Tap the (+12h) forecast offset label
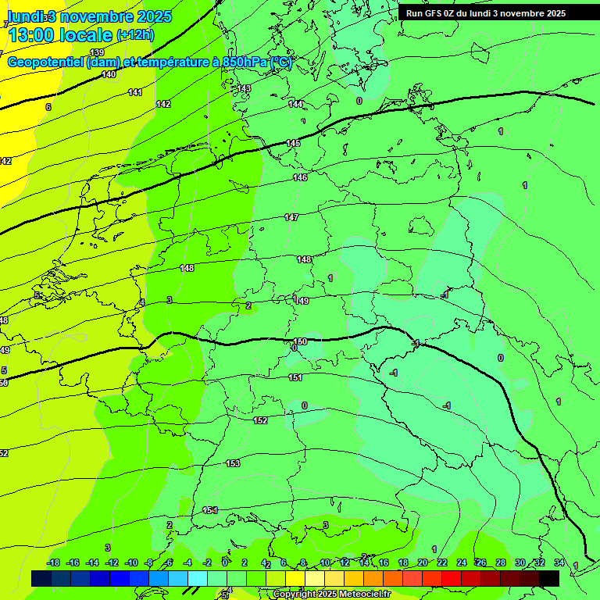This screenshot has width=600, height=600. click(x=135, y=34)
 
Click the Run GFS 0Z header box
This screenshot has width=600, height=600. click(x=485, y=13)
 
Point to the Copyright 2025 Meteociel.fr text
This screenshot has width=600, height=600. click(x=331, y=594)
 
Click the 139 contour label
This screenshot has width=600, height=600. click(x=97, y=53)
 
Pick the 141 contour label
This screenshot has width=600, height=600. click(x=135, y=92)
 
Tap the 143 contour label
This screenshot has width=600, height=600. click(x=245, y=88)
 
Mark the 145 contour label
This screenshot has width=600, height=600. click(x=293, y=143)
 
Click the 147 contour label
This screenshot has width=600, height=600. click(x=291, y=217)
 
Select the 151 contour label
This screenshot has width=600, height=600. click(x=295, y=377)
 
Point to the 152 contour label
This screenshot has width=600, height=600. click(x=260, y=420)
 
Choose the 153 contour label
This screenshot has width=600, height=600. click(x=233, y=463)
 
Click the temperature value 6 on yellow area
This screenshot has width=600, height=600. click(x=48, y=107)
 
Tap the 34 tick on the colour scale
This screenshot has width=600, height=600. click(x=559, y=562)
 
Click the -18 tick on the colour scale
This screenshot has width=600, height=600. click(x=53, y=562)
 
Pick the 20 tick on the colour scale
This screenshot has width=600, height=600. click(x=423, y=562)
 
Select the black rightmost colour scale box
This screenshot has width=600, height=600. click(x=549, y=578)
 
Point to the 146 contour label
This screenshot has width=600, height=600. click(x=300, y=178)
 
